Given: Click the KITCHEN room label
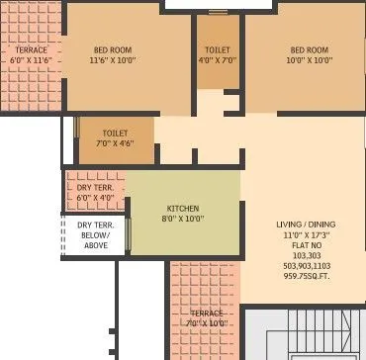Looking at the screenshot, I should point(182,208).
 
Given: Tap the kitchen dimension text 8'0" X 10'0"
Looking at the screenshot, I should point(182,219).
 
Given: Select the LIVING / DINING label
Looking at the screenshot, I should point(304,225).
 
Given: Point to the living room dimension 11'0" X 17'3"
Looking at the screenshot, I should point(304,236).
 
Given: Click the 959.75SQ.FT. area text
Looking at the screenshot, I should point(304,277).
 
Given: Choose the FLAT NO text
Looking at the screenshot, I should point(304,246).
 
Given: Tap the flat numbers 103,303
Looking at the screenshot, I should point(304,256).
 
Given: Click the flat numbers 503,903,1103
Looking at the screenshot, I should point(304,266).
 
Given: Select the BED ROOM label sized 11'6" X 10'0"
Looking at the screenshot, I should point(113,49).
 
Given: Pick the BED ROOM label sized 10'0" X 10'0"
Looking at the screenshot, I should point(310,49).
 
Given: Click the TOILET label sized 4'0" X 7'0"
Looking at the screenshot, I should point(218,49).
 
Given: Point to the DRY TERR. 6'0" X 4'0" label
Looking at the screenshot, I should point(96,188).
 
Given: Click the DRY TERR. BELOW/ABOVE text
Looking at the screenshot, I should point(96,234).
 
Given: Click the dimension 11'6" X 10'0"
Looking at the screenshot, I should point(113,60).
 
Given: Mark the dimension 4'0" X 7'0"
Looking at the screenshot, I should point(218,60).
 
